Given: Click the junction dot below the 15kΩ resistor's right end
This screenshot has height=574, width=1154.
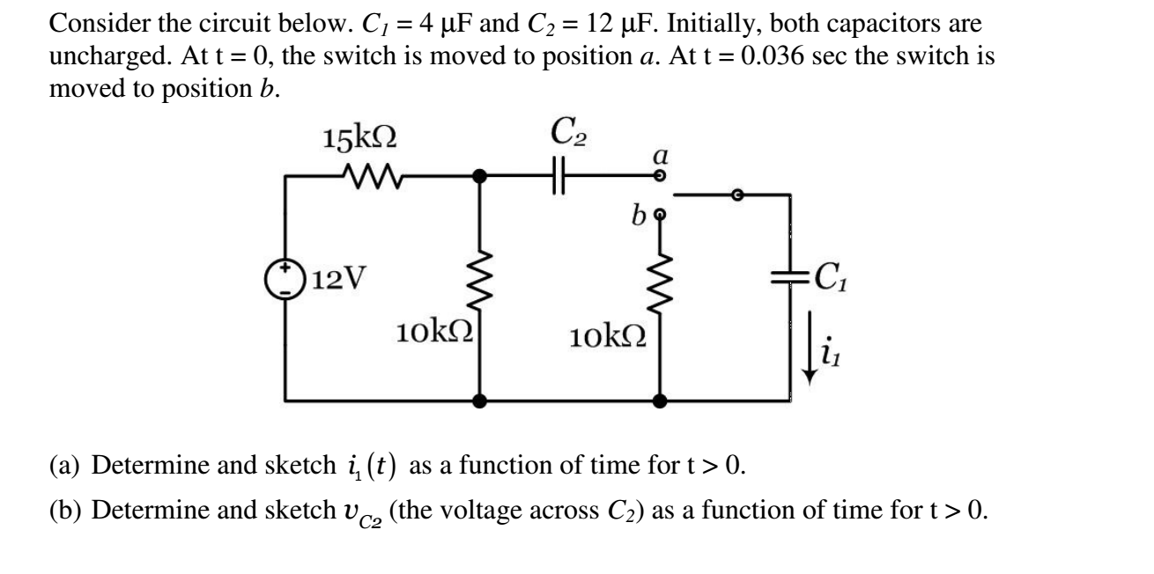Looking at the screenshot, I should [479, 176].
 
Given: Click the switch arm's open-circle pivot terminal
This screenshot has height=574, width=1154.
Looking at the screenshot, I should [742, 195].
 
